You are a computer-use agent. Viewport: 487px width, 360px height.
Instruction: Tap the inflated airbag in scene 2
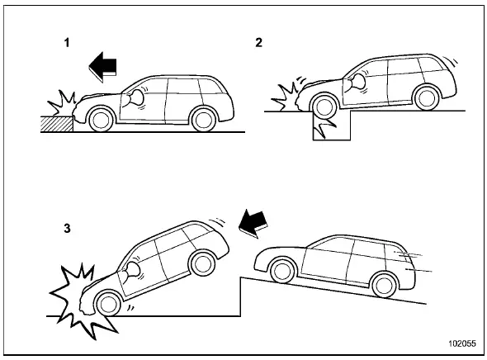[361, 81]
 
